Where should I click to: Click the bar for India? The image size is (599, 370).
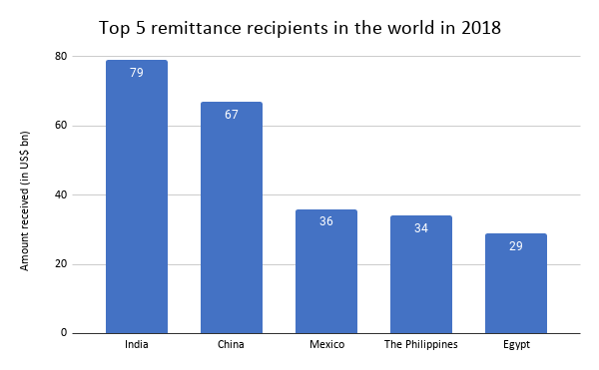click(x=136, y=199)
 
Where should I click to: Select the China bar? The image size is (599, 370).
click(x=231, y=219)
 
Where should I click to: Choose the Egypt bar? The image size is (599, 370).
click(x=515, y=284)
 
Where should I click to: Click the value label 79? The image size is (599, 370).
click(x=136, y=73)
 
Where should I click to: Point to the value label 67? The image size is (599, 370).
click(x=231, y=115)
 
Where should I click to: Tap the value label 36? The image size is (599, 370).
click(x=325, y=221)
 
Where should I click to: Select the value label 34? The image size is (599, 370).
click(x=420, y=228)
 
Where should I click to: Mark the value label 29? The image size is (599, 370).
click(x=515, y=245)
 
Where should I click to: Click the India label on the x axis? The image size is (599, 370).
click(x=136, y=345)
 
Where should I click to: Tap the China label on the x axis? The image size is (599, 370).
click(x=231, y=345)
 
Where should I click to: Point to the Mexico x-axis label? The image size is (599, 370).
click(x=325, y=345)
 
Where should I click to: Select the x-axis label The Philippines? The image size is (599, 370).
click(x=420, y=345)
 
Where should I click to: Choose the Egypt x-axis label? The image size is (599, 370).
click(x=515, y=345)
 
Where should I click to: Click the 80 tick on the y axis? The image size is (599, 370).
click(x=61, y=57)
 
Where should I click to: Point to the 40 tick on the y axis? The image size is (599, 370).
click(x=61, y=195)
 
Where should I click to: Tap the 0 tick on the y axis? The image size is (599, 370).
click(x=64, y=333)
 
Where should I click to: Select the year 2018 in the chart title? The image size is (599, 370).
click(x=479, y=26)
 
